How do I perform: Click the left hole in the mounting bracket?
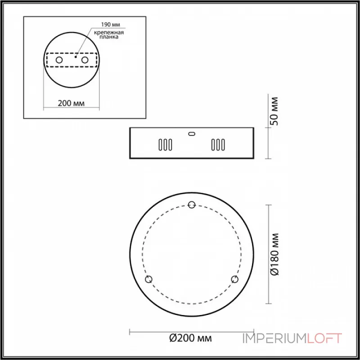click(x=59, y=60)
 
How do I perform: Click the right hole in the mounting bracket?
click(x=84, y=60)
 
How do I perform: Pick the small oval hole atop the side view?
click(x=192, y=133)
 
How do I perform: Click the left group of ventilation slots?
click(x=165, y=145)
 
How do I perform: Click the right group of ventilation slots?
click(x=218, y=145)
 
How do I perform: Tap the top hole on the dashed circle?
click(x=192, y=205)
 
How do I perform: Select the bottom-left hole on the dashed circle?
click(x=149, y=279)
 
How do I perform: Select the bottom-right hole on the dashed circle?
click(x=234, y=279)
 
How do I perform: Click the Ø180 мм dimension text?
click(x=276, y=254)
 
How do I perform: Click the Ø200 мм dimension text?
click(x=191, y=338)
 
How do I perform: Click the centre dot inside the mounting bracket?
click(x=76, y=57)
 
